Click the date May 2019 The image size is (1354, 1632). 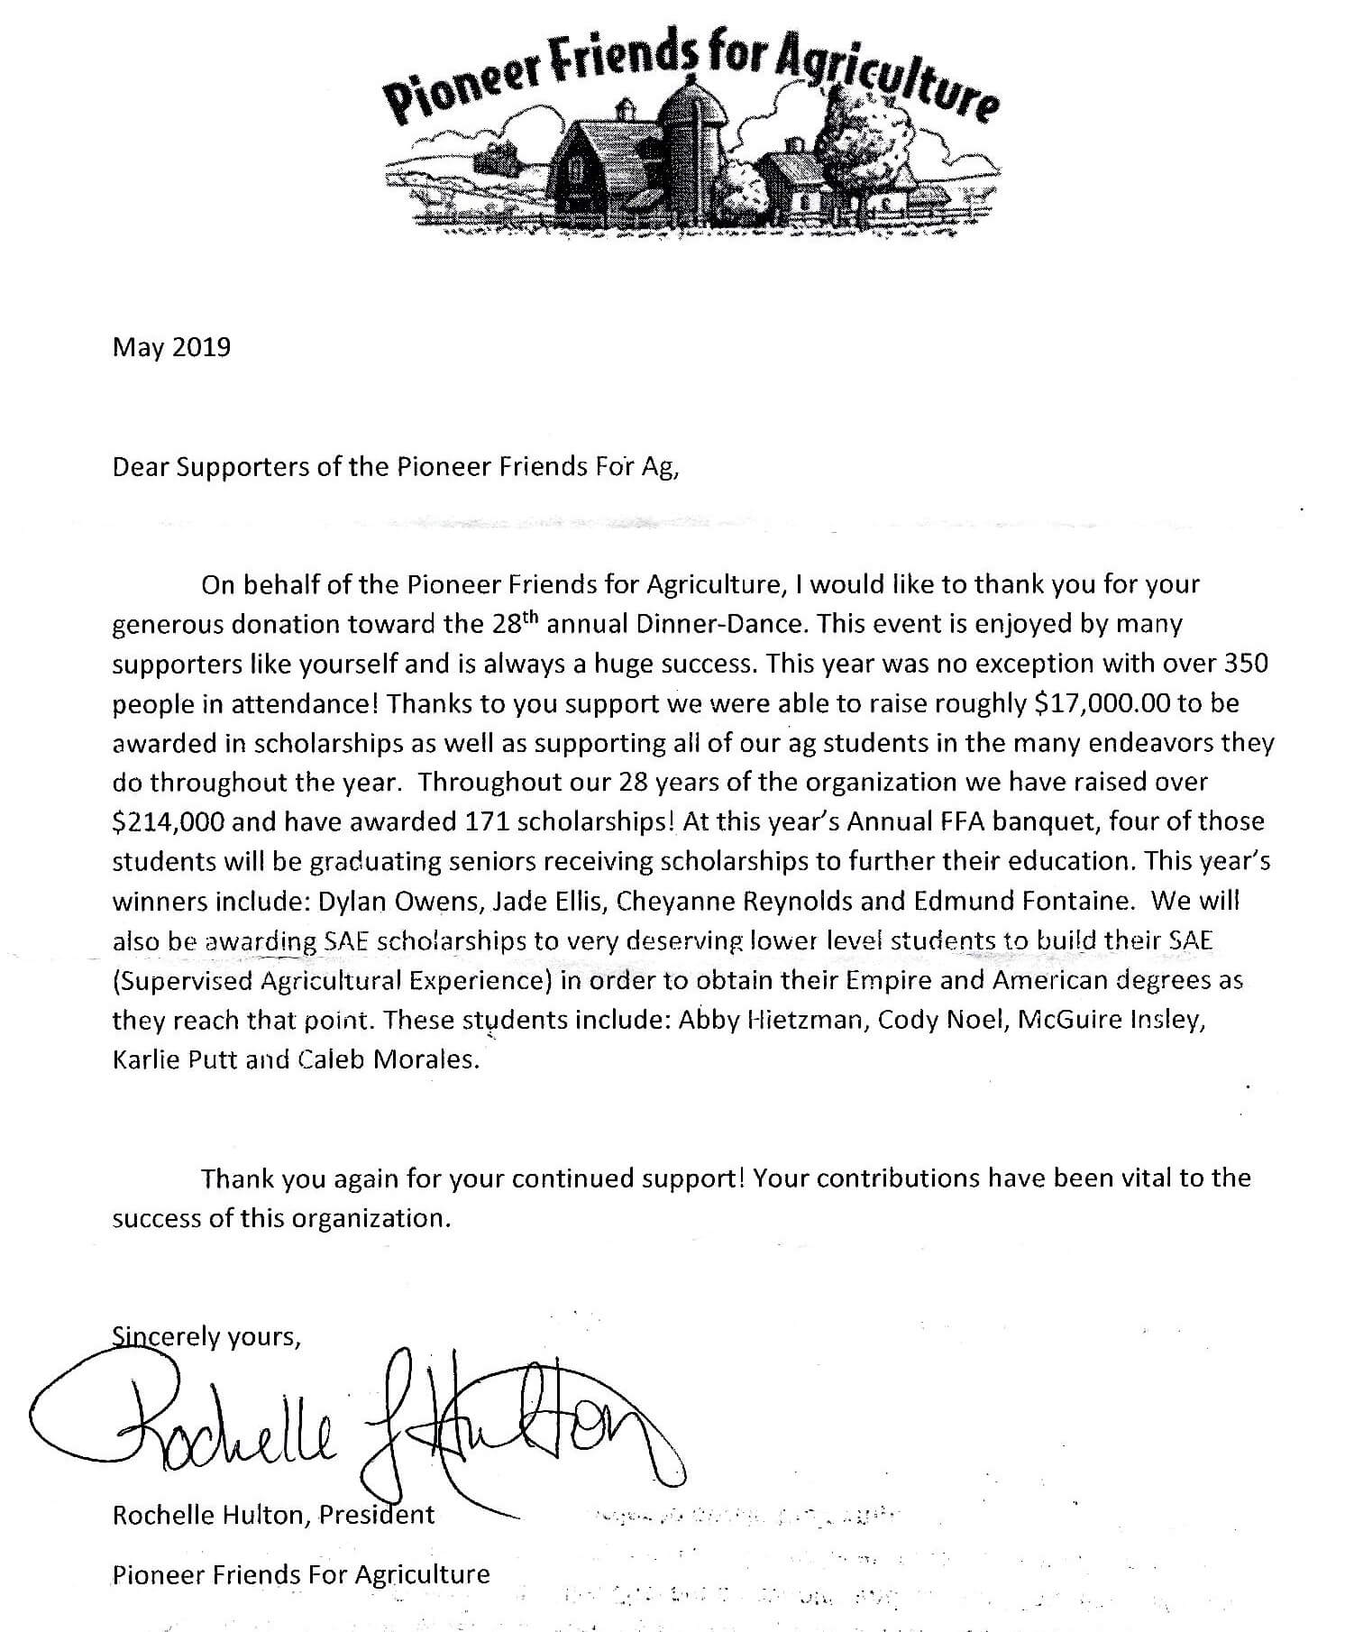coord(171,347)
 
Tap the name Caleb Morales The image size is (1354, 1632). coord(387,1059)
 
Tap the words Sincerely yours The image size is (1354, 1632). coord(206,1336)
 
